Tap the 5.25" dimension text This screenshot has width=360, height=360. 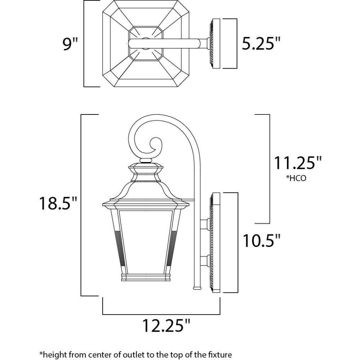(261, 44)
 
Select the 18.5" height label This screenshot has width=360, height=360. (58, 203)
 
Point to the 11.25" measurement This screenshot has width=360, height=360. (298, 163)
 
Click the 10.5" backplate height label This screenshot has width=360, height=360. (262, 240)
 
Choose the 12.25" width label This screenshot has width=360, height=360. (166, 325)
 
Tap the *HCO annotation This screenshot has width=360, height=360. (296, 178)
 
